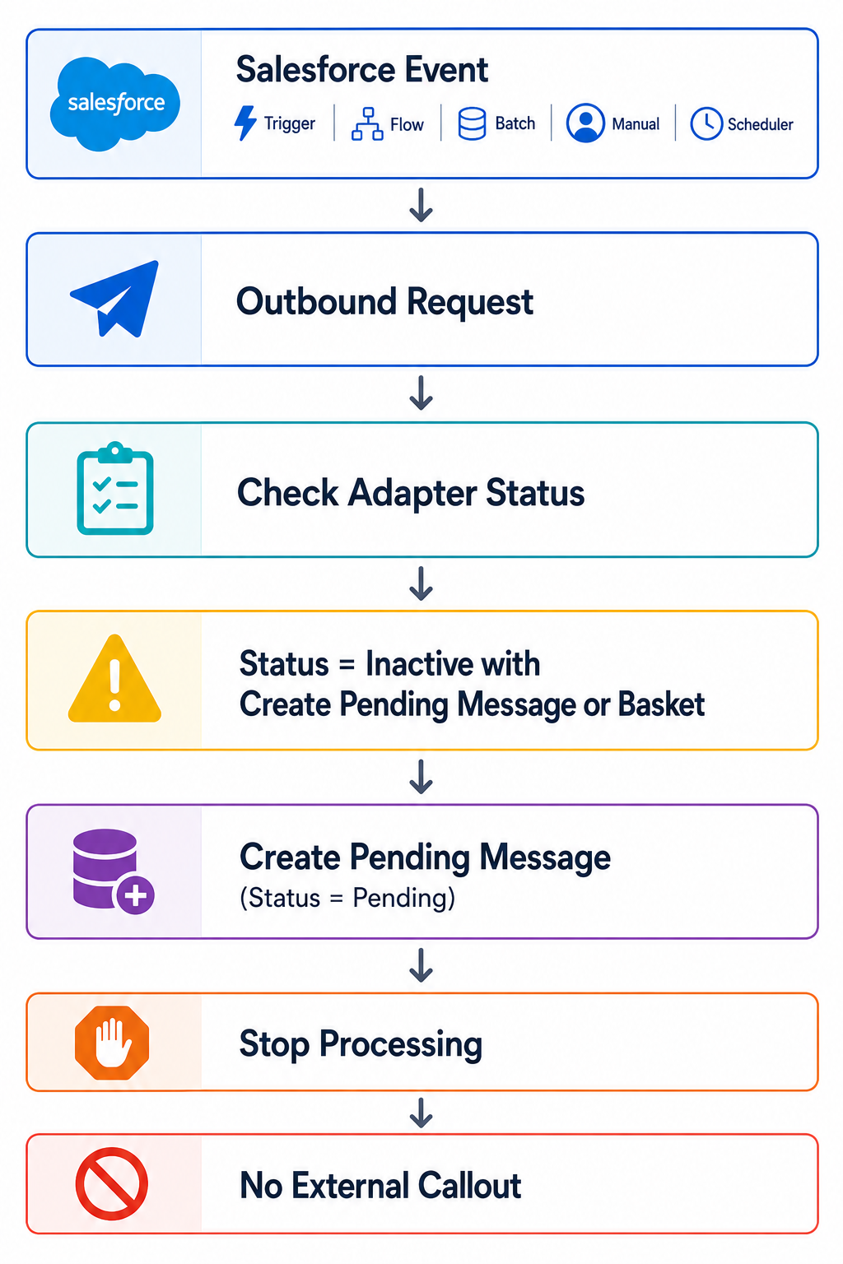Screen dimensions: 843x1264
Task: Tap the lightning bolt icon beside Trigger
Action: (245, 123)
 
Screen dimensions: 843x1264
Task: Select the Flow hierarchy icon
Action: (367, 123)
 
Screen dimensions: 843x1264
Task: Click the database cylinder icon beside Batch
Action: (472, 123)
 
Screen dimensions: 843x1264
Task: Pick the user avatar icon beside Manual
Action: (585, 123)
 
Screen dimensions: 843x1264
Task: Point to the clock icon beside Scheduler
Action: (706, 123)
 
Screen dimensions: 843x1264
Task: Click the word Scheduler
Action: (760, 124)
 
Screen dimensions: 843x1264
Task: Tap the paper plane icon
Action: (114, 299)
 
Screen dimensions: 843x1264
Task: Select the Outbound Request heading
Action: (384, 302)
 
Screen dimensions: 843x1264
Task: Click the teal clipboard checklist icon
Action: (115, 488)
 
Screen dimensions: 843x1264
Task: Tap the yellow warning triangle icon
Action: (114, 679)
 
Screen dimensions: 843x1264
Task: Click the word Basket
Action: (661, 704)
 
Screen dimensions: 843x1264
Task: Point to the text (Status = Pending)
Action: (347, 898)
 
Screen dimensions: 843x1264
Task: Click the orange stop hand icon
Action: (112, 1043)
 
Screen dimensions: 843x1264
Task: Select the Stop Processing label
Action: (361, 1044)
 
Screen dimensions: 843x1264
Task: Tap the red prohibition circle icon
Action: (112, 1184)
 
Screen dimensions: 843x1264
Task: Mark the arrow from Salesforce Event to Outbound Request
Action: (421, 205)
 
